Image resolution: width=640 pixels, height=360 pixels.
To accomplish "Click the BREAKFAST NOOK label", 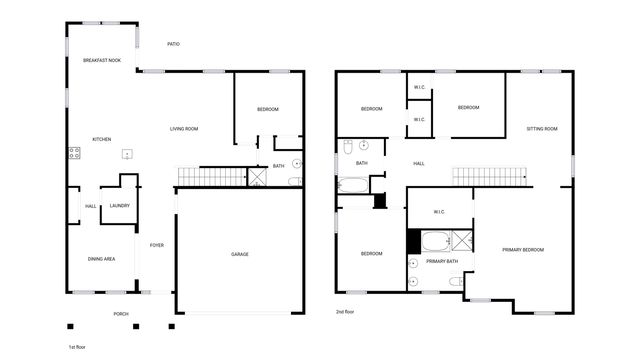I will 101,61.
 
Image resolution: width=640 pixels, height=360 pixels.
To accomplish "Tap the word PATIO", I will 173,44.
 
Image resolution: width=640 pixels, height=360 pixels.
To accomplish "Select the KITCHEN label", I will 101,139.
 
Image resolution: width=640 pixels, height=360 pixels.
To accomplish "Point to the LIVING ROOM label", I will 184,128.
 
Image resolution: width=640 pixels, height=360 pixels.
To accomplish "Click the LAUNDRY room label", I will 120,206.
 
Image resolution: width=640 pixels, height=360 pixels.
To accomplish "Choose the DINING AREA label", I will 101,259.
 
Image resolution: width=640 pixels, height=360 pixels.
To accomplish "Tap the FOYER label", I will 157,245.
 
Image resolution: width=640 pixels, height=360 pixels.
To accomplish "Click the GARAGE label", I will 240,254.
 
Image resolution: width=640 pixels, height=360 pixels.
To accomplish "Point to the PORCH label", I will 120,314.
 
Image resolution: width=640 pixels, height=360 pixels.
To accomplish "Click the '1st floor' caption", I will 79,347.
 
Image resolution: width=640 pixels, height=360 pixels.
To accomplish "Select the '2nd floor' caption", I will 345,312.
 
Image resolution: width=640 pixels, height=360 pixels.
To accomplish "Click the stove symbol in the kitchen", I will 74,153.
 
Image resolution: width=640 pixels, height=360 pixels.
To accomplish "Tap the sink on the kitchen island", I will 128,153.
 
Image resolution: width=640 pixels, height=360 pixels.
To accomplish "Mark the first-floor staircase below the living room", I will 212,177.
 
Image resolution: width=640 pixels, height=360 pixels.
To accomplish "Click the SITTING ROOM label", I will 542,129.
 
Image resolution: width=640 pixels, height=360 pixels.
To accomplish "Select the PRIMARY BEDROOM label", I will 523,249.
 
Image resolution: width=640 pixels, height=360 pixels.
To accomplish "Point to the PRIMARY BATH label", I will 441,261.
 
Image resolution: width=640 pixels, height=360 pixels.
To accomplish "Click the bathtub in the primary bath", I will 436,241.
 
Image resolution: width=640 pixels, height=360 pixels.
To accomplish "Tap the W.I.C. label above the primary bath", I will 439,211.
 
